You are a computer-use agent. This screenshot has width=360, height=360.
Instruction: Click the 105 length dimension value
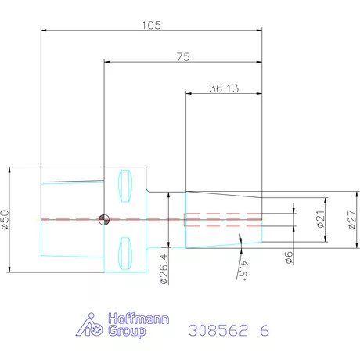coord(151,25)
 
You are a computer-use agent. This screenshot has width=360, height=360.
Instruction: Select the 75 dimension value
coord(183,57)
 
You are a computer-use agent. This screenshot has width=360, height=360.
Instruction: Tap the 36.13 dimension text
coord(224,88)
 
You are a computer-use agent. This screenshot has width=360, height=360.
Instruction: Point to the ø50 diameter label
coord(5,220)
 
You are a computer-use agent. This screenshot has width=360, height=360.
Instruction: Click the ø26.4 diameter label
coord(164,269)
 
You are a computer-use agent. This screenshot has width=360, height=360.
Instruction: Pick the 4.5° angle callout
coord(243,271)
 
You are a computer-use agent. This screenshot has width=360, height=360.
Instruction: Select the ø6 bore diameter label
coord(289,257)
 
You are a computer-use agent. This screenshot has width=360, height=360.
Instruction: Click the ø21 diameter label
coord(321,219)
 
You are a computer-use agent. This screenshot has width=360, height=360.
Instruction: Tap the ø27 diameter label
coord(352,220)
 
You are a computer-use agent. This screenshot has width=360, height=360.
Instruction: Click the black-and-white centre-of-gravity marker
coord(104,220)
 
